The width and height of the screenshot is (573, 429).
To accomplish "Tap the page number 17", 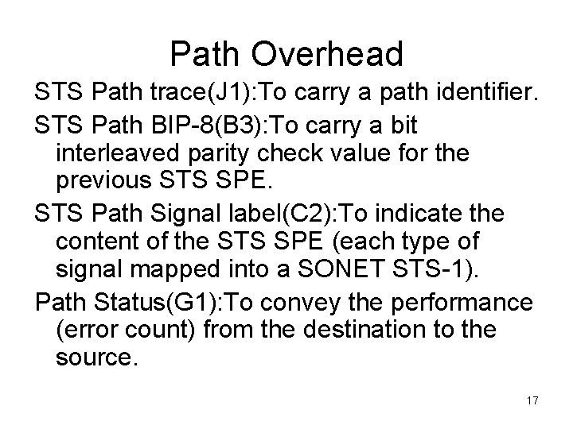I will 532,400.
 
